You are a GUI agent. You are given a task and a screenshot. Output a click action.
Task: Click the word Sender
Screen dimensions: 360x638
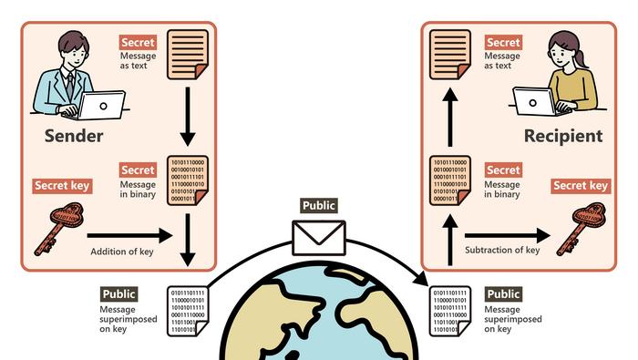click(x=74, y=137)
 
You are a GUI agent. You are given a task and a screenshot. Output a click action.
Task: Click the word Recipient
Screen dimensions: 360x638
click(x=563, y=137)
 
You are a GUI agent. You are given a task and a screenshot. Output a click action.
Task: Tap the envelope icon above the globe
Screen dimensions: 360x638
click(x=318, y=236)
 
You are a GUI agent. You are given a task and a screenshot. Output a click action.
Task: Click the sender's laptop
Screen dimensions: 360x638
click(x=99, y=106)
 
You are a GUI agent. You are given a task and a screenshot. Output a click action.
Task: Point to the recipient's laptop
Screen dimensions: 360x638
click(x=537, y=99)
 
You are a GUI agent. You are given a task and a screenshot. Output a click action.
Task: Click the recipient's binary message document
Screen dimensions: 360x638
click(x=448, y=179)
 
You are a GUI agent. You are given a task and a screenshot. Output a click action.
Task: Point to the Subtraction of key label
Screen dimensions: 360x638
click(x=502, y=250)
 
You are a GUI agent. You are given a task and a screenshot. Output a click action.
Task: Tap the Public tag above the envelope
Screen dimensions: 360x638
click(x=318, y=206)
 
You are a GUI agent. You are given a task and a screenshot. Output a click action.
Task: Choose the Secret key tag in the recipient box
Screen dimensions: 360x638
click(x=581, y=186)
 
